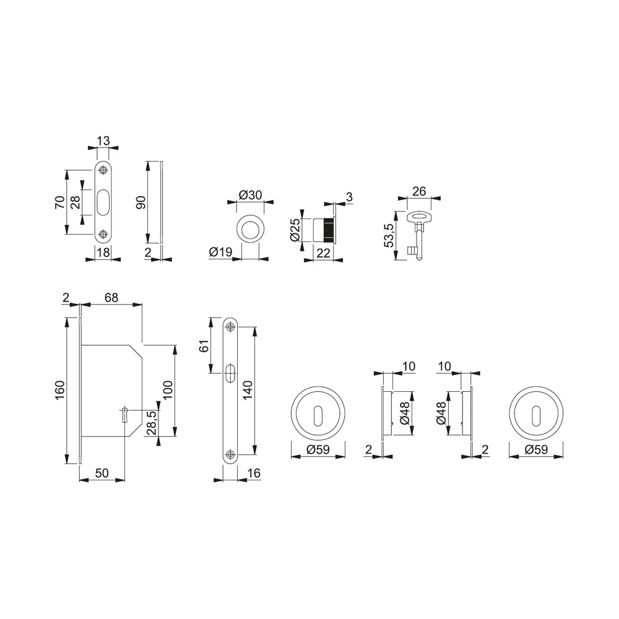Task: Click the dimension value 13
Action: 103,141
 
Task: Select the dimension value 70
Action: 61,202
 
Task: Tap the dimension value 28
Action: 76,202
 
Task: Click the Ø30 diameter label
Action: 250,194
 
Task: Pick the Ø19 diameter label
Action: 221,252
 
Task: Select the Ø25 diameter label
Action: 296,230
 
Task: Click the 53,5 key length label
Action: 389,235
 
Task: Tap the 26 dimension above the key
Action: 419,191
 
